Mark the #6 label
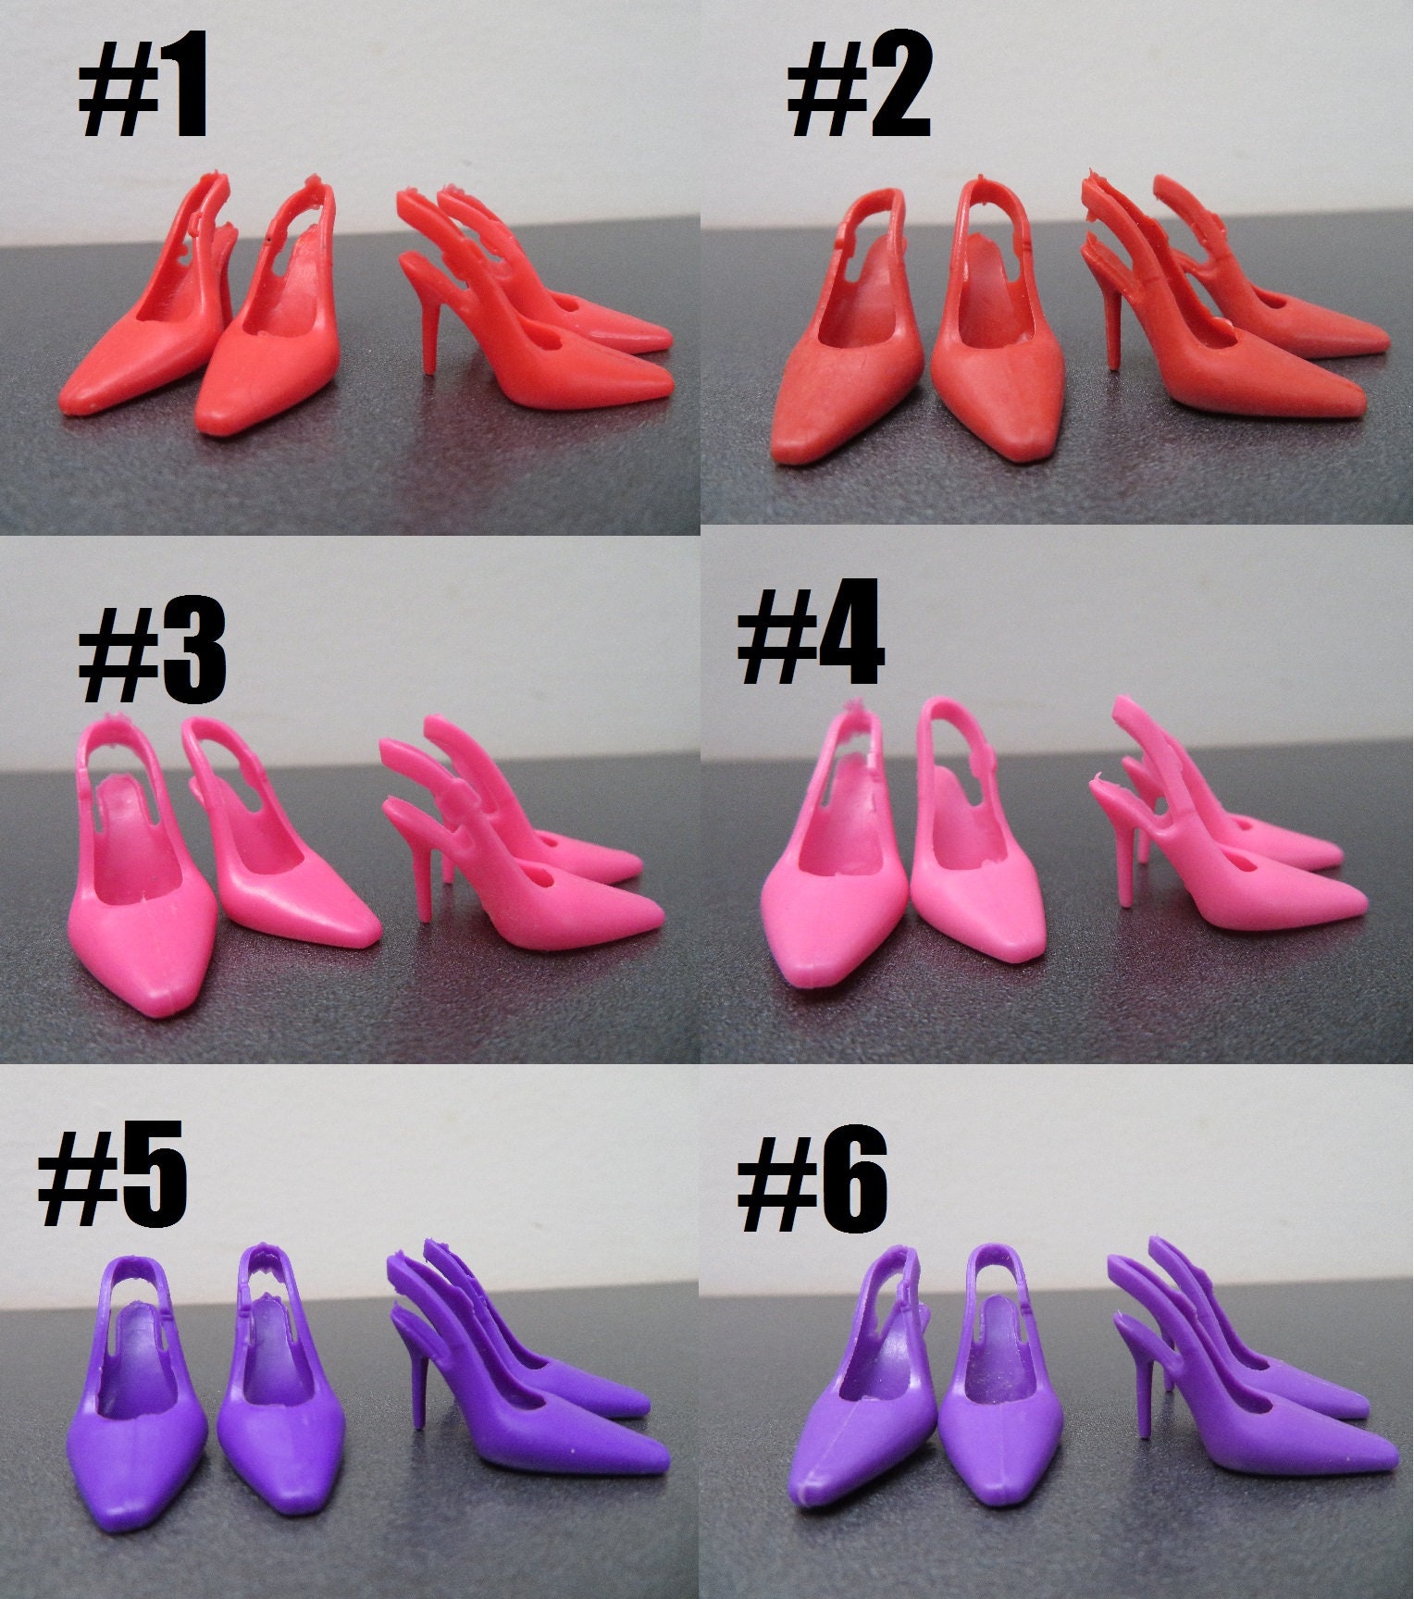[812, 1181]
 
